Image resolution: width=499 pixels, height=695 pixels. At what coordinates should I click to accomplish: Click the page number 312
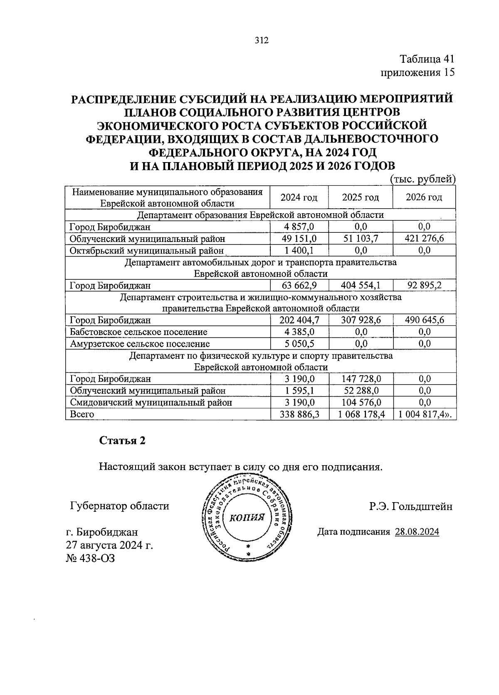[262, 40]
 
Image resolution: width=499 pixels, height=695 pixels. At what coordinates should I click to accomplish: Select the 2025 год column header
[360, 197]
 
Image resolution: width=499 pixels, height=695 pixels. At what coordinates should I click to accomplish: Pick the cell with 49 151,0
[299, 239]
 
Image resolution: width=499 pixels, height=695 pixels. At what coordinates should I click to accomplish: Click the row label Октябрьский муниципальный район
[147, 251]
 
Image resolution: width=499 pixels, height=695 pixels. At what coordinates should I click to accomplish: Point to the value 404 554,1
[360, 286]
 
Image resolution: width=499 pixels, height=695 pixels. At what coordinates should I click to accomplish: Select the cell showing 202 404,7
[299, 320]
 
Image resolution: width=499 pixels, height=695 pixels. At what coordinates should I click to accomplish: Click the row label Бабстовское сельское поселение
[138, 332]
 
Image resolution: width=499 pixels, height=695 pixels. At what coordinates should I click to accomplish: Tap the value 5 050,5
[299, 344]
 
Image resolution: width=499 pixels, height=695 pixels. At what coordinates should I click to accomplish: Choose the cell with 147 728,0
[360, 379]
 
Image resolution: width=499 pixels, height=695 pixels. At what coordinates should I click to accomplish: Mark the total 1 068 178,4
[360, 414]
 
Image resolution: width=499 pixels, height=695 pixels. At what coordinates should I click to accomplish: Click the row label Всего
[82, 414]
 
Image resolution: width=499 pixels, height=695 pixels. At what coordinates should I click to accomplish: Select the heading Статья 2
[122, 441]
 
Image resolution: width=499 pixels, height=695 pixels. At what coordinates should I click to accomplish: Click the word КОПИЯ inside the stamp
[247, 518]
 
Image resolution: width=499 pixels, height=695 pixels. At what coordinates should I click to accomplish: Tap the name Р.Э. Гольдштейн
[410, 506]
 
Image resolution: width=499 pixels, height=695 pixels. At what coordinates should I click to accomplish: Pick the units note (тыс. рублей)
[423, 180]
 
